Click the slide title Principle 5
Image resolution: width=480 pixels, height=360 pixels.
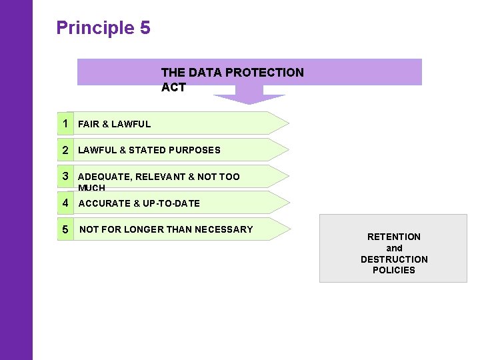(103, 28)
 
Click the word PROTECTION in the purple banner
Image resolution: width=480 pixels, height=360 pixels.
(270, 72)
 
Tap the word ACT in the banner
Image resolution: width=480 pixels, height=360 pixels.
(173, 87)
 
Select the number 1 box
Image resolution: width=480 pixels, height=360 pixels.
(65, 123)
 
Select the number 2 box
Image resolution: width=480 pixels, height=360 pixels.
(65, 150)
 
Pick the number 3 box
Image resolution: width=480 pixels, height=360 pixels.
(65, 176)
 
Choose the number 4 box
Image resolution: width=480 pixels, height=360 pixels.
(65, 203)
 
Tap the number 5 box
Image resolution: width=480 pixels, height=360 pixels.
(65, 229)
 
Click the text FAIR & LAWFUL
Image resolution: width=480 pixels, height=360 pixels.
(114, 124)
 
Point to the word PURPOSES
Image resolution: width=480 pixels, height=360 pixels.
(194, 150)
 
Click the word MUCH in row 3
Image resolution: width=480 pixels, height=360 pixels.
(92, 188)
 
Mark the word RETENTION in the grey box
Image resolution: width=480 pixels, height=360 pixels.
(394, 237)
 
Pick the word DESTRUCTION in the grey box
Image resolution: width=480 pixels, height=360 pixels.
(394, 259)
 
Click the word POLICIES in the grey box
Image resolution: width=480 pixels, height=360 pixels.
(394, 270)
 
